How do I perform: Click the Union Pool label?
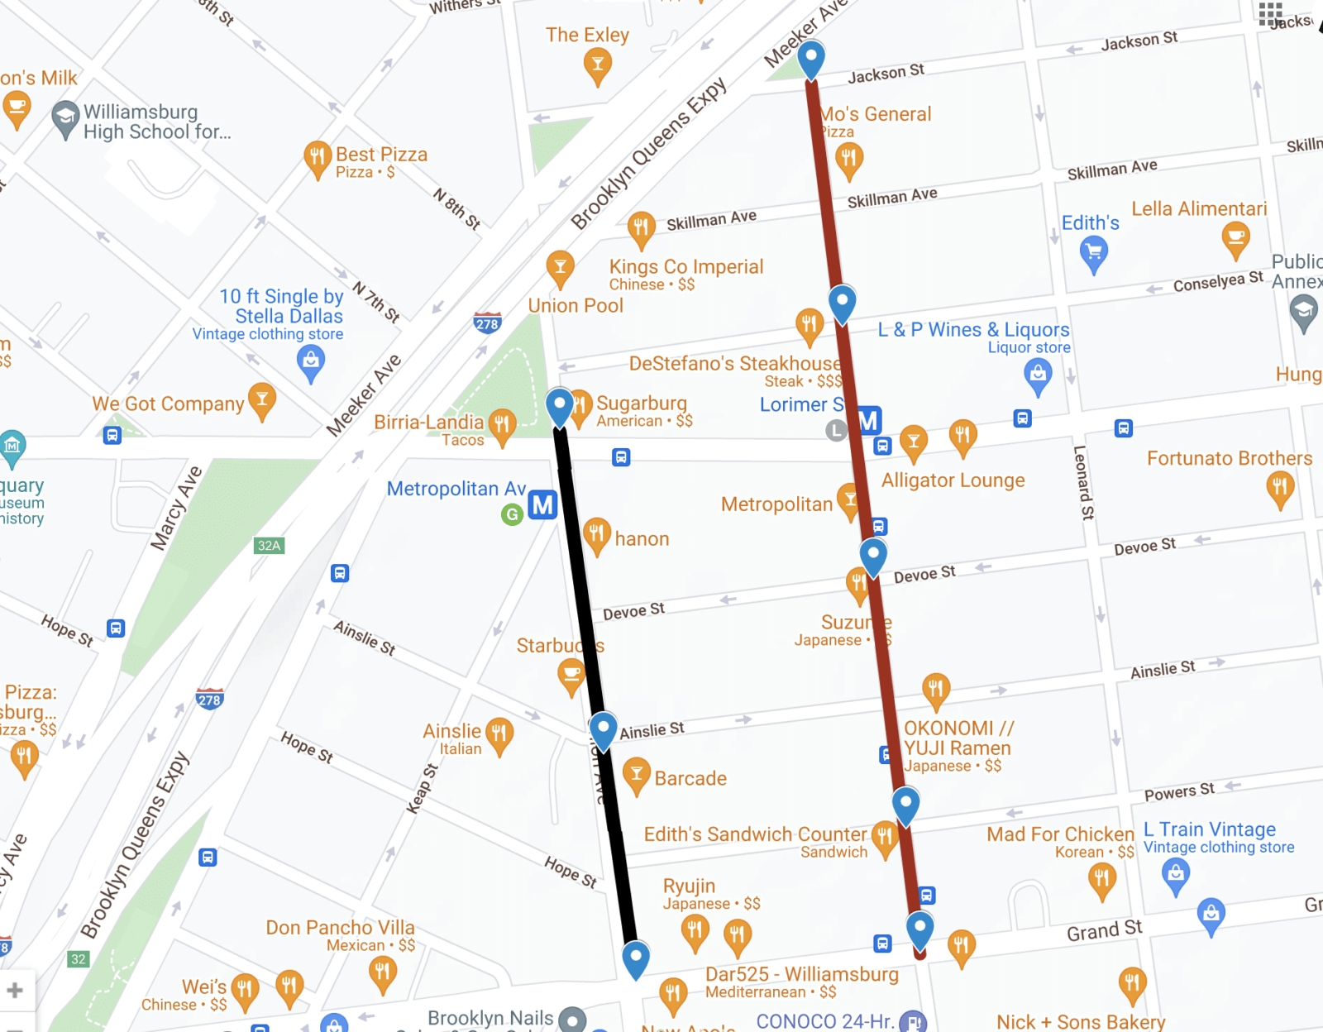576,305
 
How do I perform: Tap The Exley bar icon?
597,64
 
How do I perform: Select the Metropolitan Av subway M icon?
542,504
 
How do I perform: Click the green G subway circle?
513,514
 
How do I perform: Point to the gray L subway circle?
837,430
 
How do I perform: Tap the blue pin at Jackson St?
811,58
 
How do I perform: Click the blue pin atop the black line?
560,405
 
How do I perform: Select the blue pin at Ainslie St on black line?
603,729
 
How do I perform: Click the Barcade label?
690,778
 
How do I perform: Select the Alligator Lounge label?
953,480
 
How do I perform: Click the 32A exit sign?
269,545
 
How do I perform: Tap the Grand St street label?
1104,931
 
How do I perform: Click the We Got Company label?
168,404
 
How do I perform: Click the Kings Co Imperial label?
686,266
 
